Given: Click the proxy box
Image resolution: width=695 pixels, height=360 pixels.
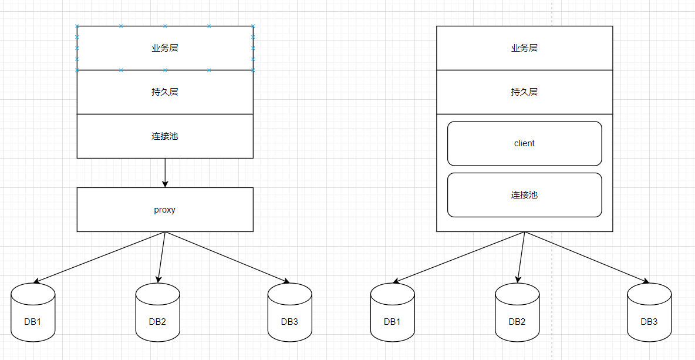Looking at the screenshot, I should click(165, 210).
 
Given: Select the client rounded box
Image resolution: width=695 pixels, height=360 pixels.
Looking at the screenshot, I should click(524, 143).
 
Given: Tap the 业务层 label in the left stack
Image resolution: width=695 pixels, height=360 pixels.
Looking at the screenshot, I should click(165, 48).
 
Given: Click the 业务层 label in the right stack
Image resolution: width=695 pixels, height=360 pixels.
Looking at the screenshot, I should click(524, 48).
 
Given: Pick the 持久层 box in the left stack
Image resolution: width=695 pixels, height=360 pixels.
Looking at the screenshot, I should click(165, 92).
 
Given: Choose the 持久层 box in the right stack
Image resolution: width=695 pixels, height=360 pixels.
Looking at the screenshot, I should click(524, 92).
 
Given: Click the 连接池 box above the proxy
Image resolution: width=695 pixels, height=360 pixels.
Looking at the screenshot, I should click(165, 136).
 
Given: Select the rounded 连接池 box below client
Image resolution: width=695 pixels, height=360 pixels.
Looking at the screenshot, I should click(524, 195).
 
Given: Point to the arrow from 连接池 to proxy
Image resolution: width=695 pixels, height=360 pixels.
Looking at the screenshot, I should click(165, 173).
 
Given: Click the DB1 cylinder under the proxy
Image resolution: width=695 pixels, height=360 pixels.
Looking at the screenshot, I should click(33, 312).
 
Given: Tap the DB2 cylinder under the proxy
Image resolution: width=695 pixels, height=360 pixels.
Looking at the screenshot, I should click(157, 312).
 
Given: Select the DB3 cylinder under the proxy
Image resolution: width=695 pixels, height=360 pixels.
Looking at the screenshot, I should click(289, 312).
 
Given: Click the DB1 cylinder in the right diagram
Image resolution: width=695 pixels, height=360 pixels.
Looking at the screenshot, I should click(392, 312).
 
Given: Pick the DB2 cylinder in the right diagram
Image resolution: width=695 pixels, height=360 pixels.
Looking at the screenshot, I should click(517, 312).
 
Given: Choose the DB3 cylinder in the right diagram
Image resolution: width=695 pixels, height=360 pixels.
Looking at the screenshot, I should click(649, 312).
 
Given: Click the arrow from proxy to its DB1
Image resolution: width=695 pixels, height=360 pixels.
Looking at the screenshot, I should click(100, 257).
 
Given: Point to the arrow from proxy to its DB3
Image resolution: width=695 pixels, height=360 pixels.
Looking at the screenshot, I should click(228, 257).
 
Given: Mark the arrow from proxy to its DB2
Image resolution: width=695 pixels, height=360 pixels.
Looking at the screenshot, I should click(161, 257).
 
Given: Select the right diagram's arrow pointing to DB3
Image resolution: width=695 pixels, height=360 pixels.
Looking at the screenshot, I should click(587, 257).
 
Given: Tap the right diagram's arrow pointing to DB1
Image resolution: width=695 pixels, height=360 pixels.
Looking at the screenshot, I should click(459, 257).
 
